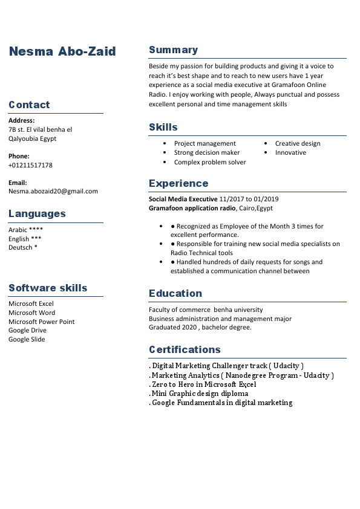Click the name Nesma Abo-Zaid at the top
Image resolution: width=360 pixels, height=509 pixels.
pos(62,51)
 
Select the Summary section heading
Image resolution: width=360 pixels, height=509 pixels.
pos(173,50)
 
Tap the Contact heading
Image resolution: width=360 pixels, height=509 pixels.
pos(29,105)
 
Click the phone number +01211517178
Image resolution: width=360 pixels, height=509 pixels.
pos(30,165)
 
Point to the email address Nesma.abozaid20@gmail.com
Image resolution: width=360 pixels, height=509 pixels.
pos(53,191)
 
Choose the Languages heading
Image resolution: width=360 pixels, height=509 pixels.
pos(37,213)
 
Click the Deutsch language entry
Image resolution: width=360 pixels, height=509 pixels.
pos(22,247)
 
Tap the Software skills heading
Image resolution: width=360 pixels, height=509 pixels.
pos(48,288)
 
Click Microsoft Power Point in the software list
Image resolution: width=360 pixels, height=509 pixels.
pos(42,322)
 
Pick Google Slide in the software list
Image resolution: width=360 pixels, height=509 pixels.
pos(27,339)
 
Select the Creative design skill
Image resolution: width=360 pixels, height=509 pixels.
pos(298,143)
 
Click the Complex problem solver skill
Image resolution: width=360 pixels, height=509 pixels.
pos(210,162)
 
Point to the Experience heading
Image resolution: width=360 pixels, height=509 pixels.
pos(178,183)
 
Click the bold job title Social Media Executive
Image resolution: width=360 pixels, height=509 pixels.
pos(183,199)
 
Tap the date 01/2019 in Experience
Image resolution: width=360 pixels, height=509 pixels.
pos(266,199)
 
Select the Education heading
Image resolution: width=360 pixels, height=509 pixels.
pos(175,293)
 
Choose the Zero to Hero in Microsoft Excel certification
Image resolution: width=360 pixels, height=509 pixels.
pos(204,384)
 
